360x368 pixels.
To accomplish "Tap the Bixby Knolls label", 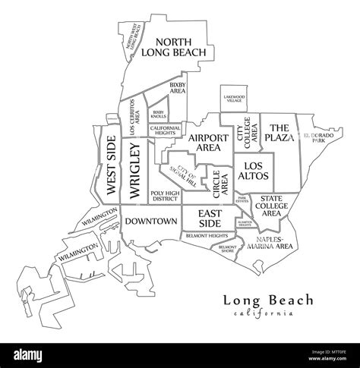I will [158, 114].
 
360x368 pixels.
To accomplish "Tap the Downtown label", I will [150, 222].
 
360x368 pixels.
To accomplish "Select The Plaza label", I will [279, 133].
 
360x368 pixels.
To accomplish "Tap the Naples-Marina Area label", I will [270, 243].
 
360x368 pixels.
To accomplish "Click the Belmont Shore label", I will [228, 249].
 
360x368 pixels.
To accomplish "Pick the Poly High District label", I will [164, 197].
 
